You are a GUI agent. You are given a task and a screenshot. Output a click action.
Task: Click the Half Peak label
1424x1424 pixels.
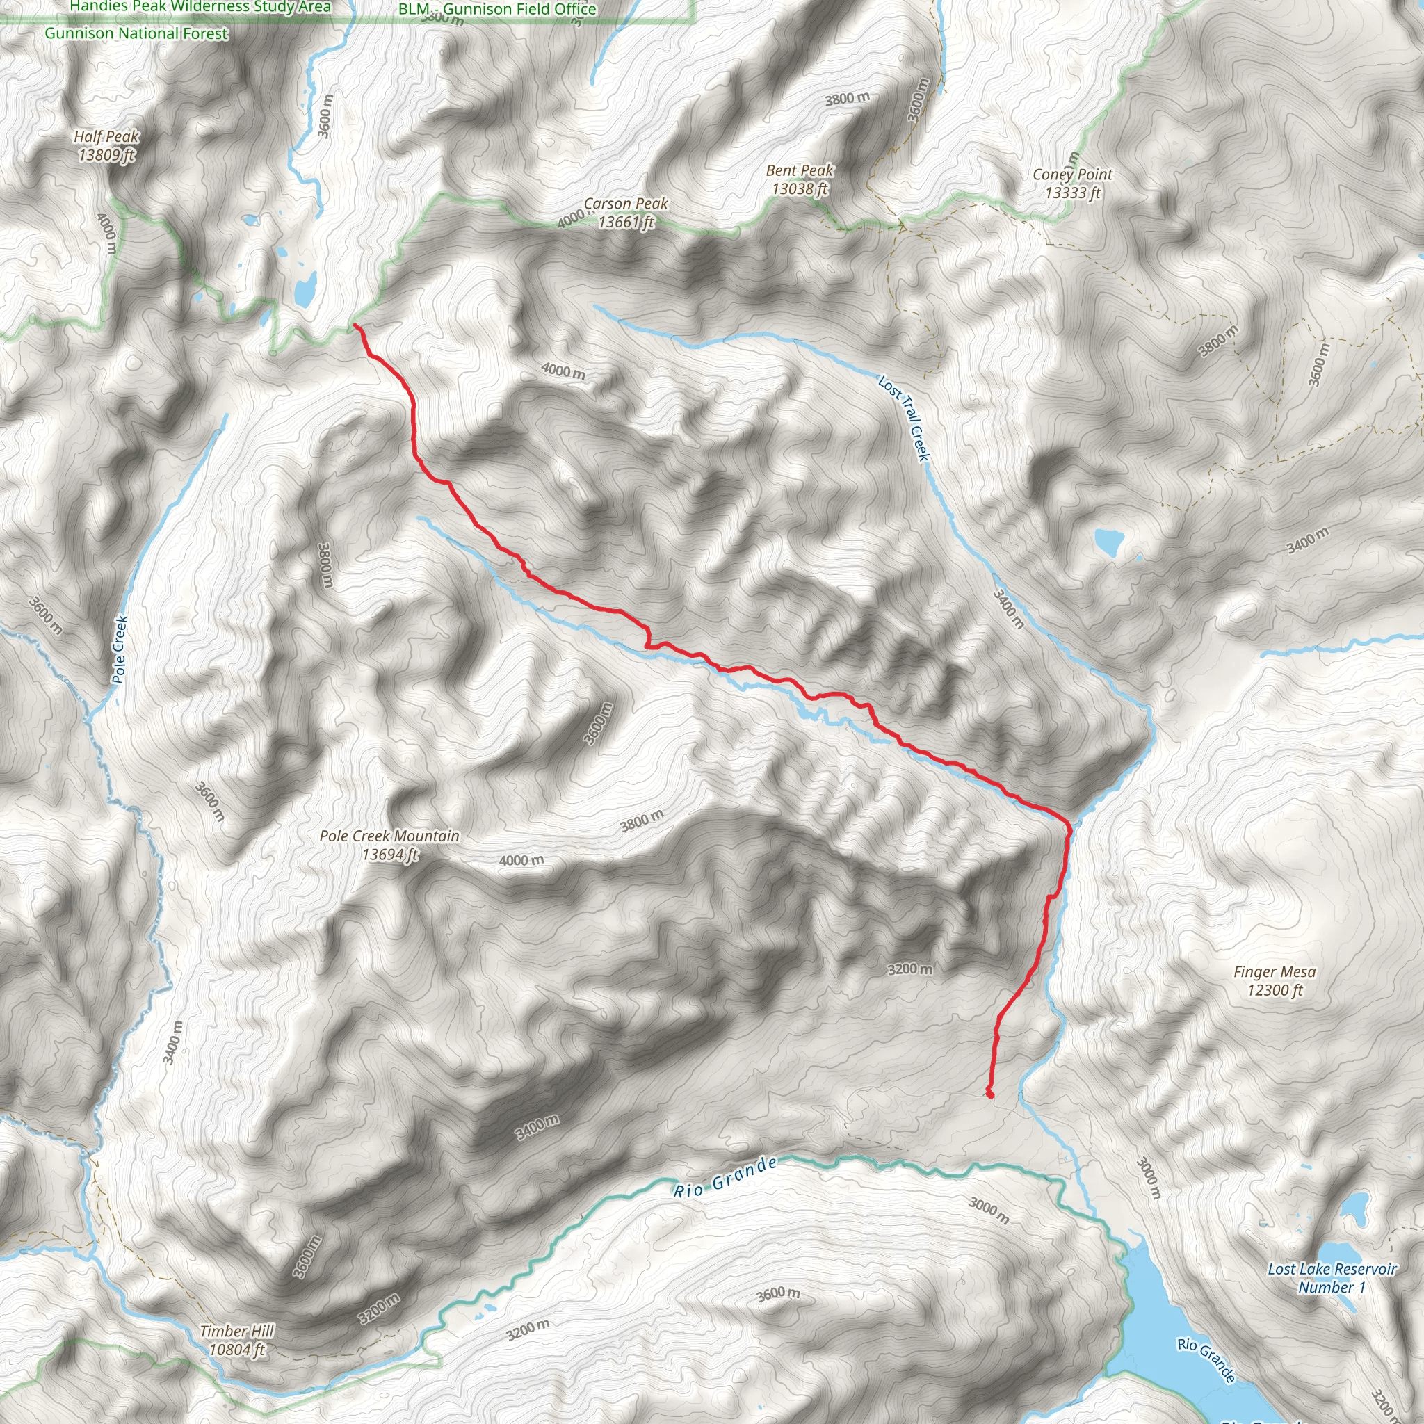pos(106,145)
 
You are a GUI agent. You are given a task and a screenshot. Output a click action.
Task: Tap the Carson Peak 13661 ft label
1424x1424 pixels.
pos(626,212)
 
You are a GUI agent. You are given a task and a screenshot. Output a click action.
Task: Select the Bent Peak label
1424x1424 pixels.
pos(800,179)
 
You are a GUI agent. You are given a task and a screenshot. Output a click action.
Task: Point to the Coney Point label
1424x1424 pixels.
pos(1072,184)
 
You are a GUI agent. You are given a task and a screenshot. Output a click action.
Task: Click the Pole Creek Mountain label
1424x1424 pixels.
pos(389,845)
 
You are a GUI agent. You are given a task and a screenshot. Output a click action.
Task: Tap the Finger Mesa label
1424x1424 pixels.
pos(1275,981)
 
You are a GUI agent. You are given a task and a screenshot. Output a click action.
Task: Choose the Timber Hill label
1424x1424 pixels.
pos(236,1340)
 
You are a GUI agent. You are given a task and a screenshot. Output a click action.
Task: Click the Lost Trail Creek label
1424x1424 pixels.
pos(905,417)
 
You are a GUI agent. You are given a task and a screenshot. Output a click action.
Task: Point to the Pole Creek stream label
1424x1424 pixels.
pos(120,649)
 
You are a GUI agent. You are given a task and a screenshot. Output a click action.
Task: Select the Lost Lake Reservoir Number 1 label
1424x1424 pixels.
pos(1332,1278)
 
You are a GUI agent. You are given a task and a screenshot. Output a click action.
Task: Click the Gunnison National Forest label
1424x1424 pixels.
pos(136,33)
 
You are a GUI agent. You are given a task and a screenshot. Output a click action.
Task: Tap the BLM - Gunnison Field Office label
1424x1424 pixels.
pos(498,9)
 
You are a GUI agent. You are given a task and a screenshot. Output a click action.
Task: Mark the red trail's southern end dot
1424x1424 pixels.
pos(990,1094)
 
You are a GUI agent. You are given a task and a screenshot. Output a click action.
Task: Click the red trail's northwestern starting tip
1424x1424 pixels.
pos(355,325)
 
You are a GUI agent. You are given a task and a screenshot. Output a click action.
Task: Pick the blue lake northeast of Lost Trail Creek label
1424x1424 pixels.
pos(1108,542)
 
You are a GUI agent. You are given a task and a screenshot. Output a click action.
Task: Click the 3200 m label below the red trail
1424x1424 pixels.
pos(909,969)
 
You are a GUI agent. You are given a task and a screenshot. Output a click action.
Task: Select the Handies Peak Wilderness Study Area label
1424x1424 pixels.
pos(200,7)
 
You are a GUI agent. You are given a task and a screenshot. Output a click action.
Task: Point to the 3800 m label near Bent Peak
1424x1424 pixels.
pos(847,98)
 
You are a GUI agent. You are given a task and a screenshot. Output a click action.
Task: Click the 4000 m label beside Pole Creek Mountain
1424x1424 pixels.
pos(521,860)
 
